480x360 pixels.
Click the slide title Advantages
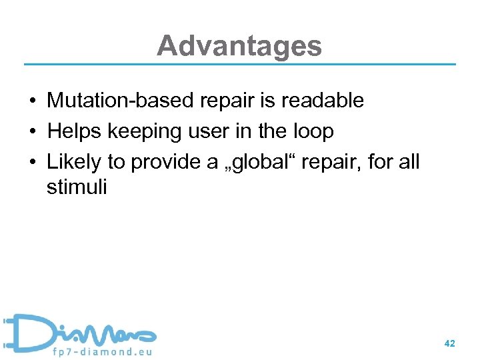coord(239,46)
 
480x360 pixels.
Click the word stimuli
coord(77,187)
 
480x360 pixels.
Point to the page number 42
coord(449,343)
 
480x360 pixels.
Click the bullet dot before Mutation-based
coord(32,101)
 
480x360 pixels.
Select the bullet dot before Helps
coord(32,132)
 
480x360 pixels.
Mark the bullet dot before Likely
coord(32,163)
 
